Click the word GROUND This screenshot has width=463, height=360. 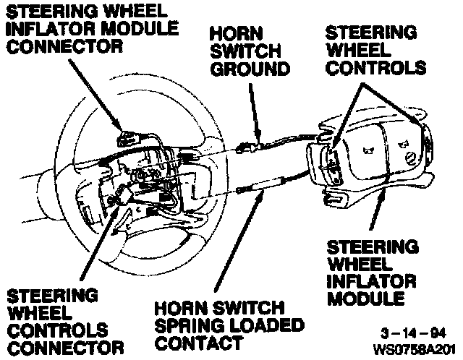click(x=250, y=69)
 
